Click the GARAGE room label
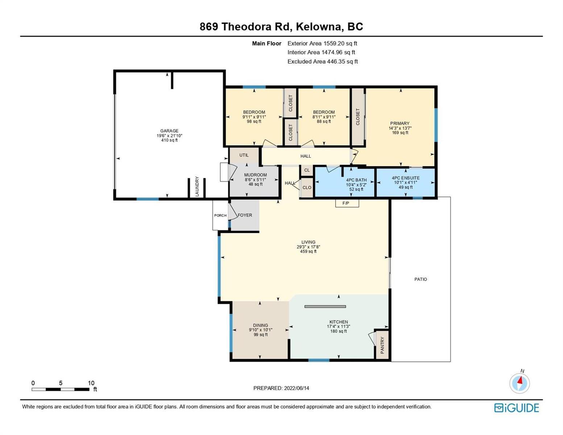pos(169,131)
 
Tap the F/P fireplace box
pos(347,203)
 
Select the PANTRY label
pos(382,345)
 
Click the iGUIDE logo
pos(516,408)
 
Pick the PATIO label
pos(421,279)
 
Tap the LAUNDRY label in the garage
pos(197,186)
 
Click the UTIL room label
pos(244,155)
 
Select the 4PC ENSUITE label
pos(405,178)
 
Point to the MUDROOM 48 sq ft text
pos(255,184)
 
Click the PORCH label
pos(220,215)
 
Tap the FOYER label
pos(245,215)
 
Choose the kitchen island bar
pos(325,307)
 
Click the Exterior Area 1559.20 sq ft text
pos(322,43)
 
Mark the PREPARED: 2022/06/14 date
pos(281,388)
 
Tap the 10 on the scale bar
pos(91,383)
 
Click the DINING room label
pos(260,325)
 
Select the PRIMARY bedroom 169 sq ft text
pos(400,133)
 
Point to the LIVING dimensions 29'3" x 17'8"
pos(308,246)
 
